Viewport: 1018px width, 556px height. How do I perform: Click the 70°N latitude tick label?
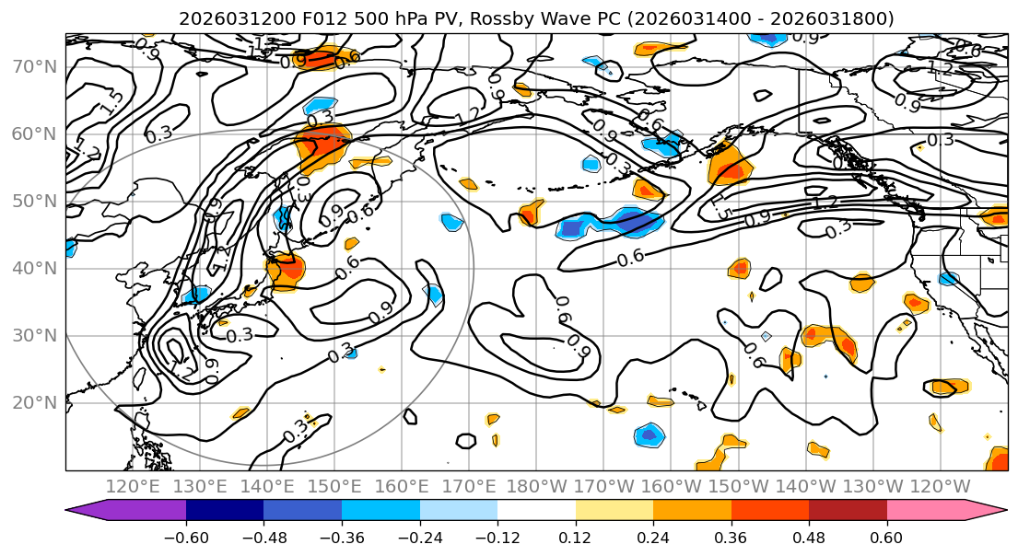[34, 66]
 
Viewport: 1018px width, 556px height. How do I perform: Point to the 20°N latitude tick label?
[34, 402]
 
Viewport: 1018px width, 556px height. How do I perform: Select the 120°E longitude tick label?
[133, 486]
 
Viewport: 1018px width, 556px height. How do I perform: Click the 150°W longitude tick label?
[739, 486]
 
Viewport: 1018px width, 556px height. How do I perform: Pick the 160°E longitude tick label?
[402, 486]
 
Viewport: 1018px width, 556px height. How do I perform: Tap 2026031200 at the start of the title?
[235, 18]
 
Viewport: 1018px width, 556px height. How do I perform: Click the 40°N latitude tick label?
[34, 268]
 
